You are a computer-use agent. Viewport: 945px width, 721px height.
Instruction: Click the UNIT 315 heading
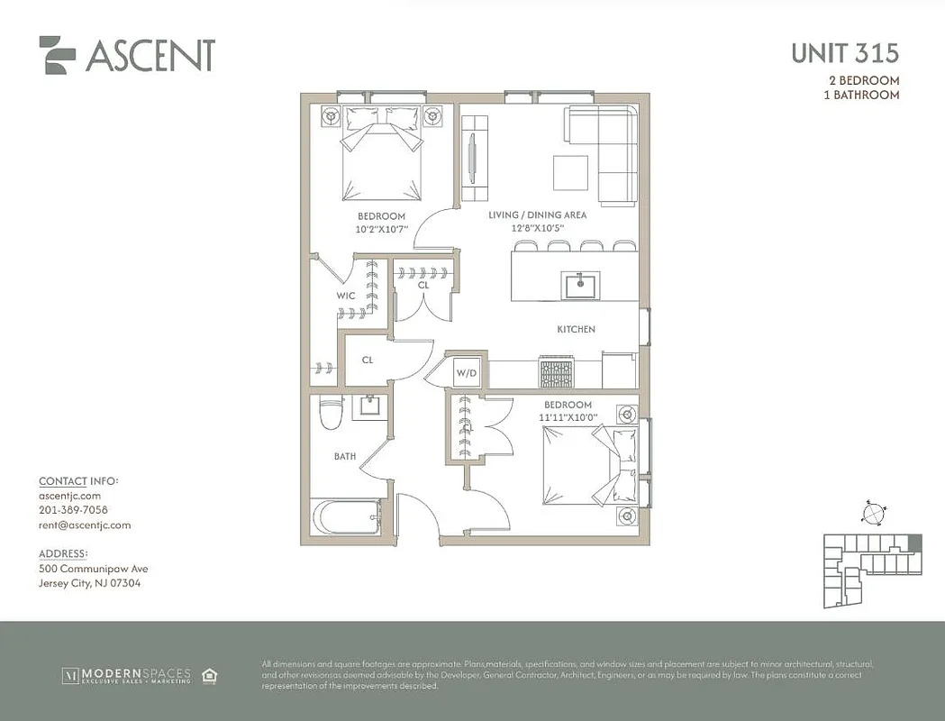[844, 53]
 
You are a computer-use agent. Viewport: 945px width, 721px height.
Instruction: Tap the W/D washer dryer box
[466, 372]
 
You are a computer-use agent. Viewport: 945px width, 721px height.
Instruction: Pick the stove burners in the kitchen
[555, 370]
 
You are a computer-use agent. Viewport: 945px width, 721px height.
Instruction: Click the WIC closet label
[346, 295]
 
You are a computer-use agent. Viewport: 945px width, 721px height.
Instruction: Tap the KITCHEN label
[576, 330]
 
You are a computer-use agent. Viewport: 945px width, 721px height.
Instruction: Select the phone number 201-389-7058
[73, 510]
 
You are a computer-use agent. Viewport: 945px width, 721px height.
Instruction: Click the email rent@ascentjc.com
[85, 525]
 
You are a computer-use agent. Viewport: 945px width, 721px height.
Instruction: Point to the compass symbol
[872, 513]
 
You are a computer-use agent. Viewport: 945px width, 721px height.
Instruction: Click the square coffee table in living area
[570, 173]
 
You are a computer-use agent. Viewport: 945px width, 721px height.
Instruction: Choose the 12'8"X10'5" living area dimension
[539, 229]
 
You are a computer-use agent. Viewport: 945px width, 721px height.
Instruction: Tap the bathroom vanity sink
[369, 407]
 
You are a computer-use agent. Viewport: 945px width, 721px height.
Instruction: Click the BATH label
[345, 457]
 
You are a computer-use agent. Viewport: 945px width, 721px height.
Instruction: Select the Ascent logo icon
[58, 55]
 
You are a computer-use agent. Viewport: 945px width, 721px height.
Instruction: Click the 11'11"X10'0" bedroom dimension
[568, 418]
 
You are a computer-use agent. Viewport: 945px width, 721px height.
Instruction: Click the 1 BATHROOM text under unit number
[863, 95]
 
